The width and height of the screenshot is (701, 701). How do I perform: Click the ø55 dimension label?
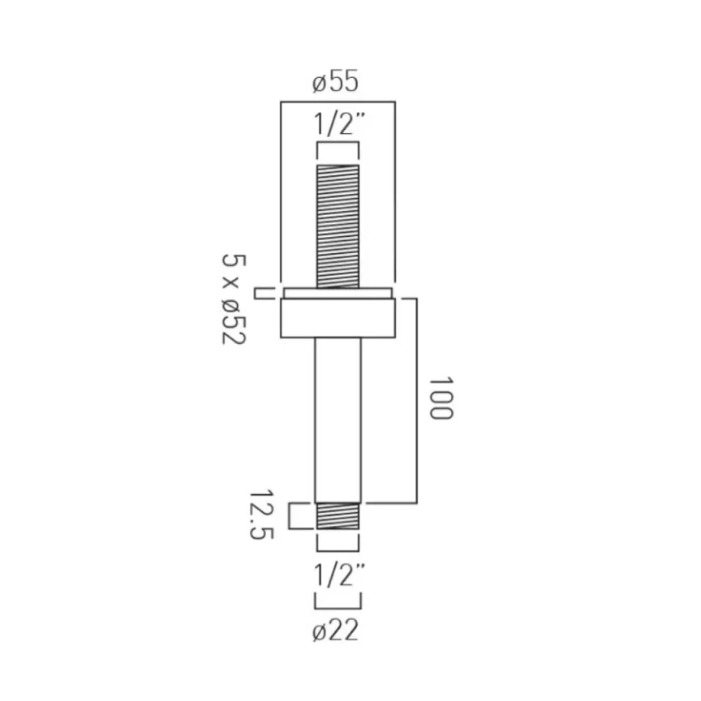337,81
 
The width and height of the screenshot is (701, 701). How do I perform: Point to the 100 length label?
440,398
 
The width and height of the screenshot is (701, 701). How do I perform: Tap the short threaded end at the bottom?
337,516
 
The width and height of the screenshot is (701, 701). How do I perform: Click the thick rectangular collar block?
337,317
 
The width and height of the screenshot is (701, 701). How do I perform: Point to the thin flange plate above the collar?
337,292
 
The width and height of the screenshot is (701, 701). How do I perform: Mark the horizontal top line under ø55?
337,102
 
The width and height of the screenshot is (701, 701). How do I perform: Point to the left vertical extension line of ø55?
281,195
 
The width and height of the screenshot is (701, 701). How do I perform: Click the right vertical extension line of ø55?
395,195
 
